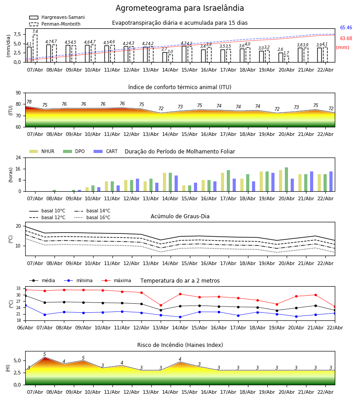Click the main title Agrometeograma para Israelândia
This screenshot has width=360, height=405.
(x=180, y=9)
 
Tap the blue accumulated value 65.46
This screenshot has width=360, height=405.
(x=346, y=28)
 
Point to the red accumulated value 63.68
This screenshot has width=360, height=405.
(x=346, y=39)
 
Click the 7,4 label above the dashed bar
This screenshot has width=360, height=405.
(x=35, y=31)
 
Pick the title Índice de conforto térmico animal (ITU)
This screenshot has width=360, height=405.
(x=180, y=87)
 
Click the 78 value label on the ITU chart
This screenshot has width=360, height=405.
(x=29, y=102)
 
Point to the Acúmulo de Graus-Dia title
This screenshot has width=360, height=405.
(x=180, y=216)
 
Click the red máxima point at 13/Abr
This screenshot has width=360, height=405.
(x=161, y=305)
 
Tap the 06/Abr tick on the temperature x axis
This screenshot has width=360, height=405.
(x=25, y=328)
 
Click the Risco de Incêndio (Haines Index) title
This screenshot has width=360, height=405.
(x=180, y=345)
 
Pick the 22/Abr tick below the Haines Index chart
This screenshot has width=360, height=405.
(x=325, y=392)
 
